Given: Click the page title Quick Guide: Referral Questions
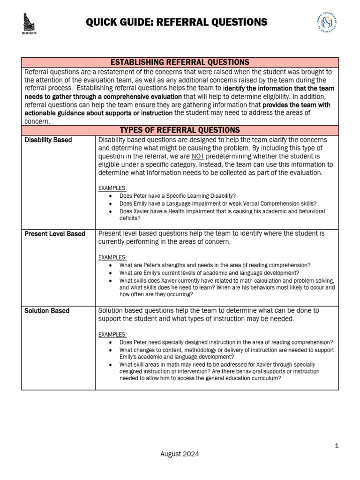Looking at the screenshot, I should point(177,22).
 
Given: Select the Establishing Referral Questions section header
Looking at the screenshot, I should point(180,62).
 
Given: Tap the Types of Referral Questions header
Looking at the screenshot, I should point(180,130).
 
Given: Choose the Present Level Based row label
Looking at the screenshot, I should point(55,233).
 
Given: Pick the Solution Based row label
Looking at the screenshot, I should point(47,311).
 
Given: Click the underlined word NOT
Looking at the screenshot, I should point(197,156).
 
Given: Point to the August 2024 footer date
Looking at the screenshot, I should point(180,454).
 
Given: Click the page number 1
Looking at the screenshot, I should point(337,446).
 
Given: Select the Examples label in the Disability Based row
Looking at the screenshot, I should point(112,188).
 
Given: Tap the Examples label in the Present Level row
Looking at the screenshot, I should point(112,257).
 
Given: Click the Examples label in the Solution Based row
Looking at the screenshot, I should point(112,334).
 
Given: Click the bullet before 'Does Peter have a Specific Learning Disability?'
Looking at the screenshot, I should point(110,196).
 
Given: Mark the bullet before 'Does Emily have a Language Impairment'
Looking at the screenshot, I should point(110,203).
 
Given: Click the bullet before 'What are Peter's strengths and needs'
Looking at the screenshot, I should point(110,265).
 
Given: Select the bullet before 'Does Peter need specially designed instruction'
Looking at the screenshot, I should point(110,342).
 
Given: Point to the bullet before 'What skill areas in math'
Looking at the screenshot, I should point(110,365).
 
